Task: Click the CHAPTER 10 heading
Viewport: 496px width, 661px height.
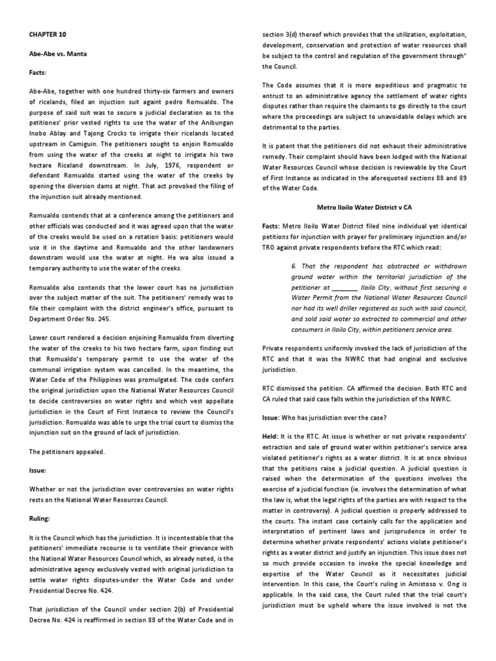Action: [47, 34]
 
